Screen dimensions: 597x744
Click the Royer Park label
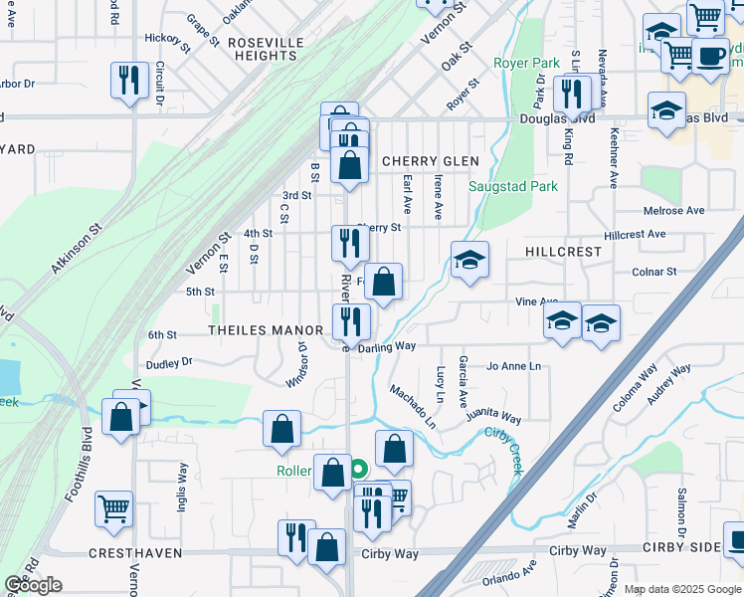click(526, 63)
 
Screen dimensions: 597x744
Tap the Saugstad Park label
click(513, 186)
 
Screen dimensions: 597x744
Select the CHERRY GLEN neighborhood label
click(430, 161)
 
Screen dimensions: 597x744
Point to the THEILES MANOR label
click(265, 330)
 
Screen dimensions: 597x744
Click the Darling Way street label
click(386, 347)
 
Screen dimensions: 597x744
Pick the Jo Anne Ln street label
click(513, 366)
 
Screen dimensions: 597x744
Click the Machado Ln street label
click(413, 406)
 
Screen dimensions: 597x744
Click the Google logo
click(32, 585)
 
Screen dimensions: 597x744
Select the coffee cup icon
click(709, 57)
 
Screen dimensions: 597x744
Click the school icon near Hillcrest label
click(470, 261)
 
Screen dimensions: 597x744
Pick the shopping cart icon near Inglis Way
click(114, 508)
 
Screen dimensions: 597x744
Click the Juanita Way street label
click(493, 413)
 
